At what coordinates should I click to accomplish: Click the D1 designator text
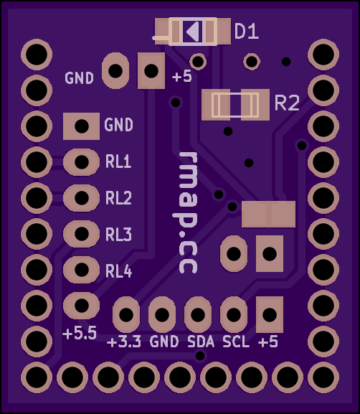coord(247,32)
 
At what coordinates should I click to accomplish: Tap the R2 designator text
coord(287,103)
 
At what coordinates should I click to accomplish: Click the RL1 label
coord(118,161)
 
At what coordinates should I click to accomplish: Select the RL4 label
coord(118,271)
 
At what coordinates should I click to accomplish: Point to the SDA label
coord(201,342)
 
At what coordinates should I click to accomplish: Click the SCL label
coord(236,342)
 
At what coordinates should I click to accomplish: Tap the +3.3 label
coord(124,342)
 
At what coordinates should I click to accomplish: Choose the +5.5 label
coord(80,333)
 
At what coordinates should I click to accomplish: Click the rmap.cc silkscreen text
coord(188,212)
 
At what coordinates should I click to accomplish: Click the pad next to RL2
coord(82,198)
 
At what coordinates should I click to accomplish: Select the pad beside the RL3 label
coord(82,234)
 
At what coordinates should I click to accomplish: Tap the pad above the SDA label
coord(198,314)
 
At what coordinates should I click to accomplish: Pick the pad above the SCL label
coord(234,314)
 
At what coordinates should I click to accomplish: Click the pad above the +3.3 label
coord(126,314)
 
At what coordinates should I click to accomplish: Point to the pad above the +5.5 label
coord(82,306)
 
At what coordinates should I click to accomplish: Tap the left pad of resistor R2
coord(216,105)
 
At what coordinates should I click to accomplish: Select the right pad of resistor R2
coord(255,105)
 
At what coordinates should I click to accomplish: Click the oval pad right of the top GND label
coord(115,71)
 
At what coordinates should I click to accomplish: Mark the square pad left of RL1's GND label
coord(82,126)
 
